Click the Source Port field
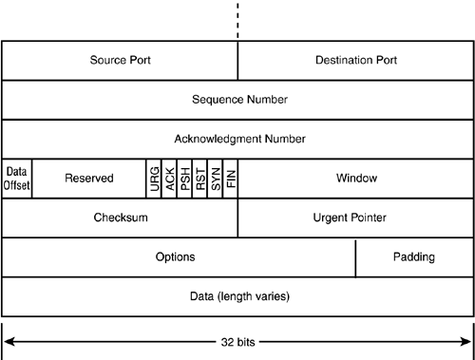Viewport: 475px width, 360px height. (x=120, y=60)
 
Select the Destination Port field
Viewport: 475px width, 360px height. (x=355, y=60)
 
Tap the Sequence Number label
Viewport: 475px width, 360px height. (x=239, y=99)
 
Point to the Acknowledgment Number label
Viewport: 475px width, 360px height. (x=239, y=139)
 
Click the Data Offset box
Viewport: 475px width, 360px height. (x=17, y=178)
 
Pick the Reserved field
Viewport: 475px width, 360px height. (x=88, y=178)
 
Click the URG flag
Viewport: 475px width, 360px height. (x=154, y=178)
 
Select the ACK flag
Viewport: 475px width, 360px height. (x=169, y=178)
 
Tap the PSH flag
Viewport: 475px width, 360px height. (x=184, y=178)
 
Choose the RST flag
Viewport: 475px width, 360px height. (x=199, y=178)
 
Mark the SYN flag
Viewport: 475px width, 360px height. (x=215, y=178)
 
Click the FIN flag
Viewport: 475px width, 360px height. (x=230, y=178)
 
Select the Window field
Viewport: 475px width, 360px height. (x=356, y=178)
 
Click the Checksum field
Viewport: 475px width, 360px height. (x=120, y=218)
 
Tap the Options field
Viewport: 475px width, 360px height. (x=176, y=256)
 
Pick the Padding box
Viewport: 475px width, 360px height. (x=414, y=256)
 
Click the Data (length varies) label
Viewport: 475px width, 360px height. (x=239, y=296)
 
